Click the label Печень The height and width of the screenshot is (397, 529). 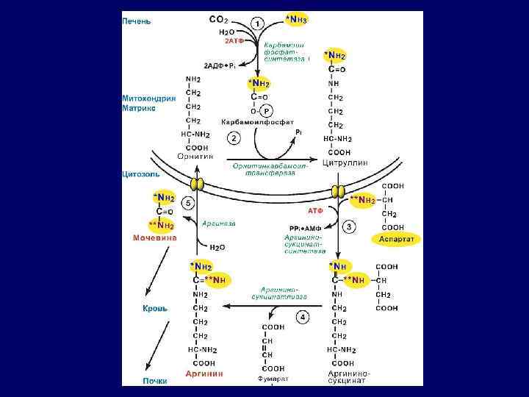pyautogui.click(x=137, y=21)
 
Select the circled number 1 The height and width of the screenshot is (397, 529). pyautogui.click(x=258, y=24)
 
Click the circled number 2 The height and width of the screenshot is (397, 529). pyautogui.click(x=234, y=138)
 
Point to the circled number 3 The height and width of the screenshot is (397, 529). pyautogui.click(x=349, y=226)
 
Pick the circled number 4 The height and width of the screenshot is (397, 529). pyautogui.click(x=302, y=317)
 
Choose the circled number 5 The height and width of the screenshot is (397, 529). pyautogui.click(x=188, y=202)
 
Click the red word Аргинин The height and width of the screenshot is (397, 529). pyautogui.click(x=204, y=374)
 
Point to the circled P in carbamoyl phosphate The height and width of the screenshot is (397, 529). pyautogui.click(x=267, y=110)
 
